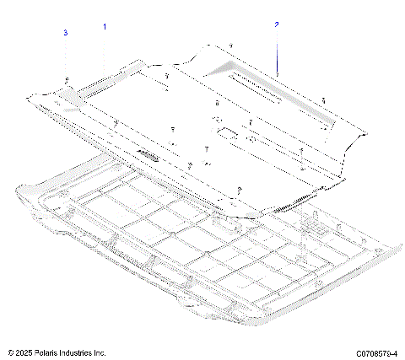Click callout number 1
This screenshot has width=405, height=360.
point(105,27)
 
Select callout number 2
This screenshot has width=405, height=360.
point(276,25)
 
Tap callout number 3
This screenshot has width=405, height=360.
point(66,32)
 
